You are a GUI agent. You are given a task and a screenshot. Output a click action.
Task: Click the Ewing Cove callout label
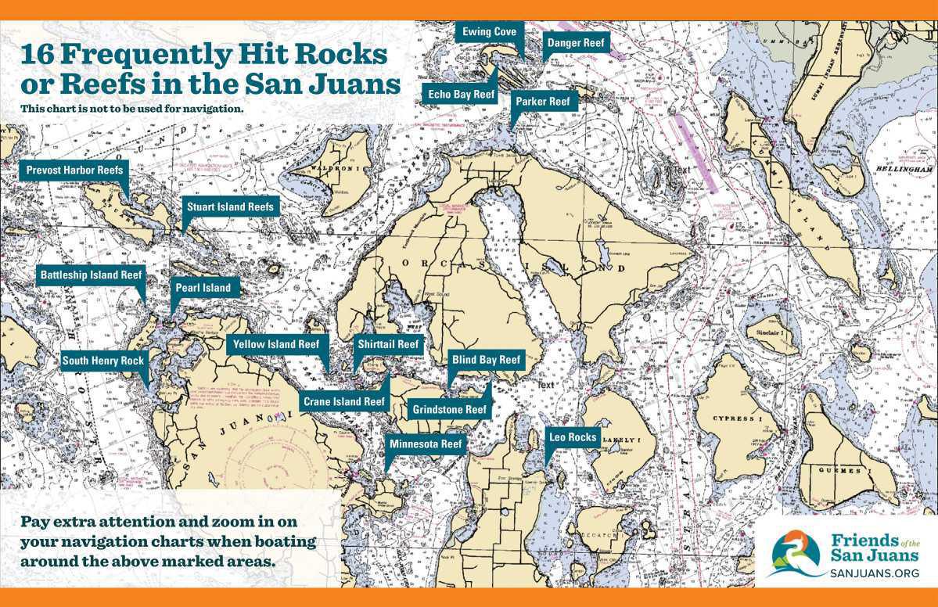click(489, 32)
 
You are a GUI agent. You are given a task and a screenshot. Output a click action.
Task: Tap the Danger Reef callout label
click(576, 43)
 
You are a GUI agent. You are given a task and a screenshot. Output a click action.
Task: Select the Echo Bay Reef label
click(462, 94)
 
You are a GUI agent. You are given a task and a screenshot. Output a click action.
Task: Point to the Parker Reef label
click(545, 101)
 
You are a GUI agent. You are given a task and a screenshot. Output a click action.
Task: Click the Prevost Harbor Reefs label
click(74, 170)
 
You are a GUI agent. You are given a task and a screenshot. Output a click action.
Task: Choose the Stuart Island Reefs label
click(229, 207)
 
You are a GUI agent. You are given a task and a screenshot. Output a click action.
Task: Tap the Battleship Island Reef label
click(91, 275)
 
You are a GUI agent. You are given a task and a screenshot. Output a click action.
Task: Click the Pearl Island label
click(203, 288)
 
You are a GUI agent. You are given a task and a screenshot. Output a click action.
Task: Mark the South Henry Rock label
click(103, 361)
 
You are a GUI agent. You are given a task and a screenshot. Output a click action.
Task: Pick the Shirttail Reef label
click(388, 344)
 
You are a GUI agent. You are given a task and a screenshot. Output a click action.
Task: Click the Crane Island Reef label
click(343, 401)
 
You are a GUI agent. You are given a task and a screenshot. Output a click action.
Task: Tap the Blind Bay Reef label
click(486, 360)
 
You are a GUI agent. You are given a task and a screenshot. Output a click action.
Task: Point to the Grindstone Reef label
click(449, 409)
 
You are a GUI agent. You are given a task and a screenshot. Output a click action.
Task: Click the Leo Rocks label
click(573, 437)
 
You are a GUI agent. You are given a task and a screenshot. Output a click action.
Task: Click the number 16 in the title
click(38, 56)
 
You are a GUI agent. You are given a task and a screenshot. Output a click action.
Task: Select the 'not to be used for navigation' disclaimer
click(132, 108)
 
